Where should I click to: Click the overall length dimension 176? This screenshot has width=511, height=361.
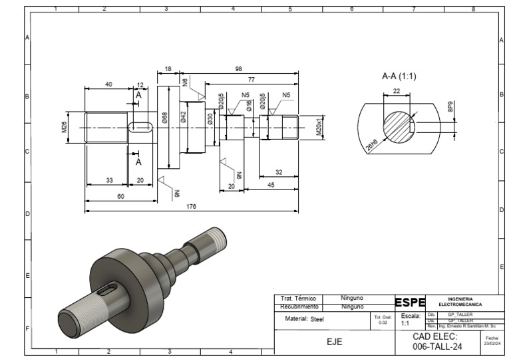tap(191, 207)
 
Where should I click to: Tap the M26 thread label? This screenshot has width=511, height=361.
tap(65, 126)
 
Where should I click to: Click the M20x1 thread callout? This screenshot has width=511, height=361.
tap(319, 126)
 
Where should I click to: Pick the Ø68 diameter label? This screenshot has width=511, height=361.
tap(164, 118)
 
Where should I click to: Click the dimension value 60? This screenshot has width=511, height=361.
tap(120, 196)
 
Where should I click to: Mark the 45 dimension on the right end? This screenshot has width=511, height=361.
tap(270, 185)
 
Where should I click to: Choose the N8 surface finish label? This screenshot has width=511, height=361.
tap(185, 84)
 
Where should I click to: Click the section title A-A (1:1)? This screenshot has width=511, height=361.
tap(399, 76)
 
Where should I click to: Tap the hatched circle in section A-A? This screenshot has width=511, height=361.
tap(398, 125)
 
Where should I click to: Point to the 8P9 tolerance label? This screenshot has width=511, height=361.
tap(450, 106)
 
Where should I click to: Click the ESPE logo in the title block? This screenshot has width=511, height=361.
tap(410, 303)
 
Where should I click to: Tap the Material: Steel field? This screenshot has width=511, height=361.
tap(304, 319)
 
